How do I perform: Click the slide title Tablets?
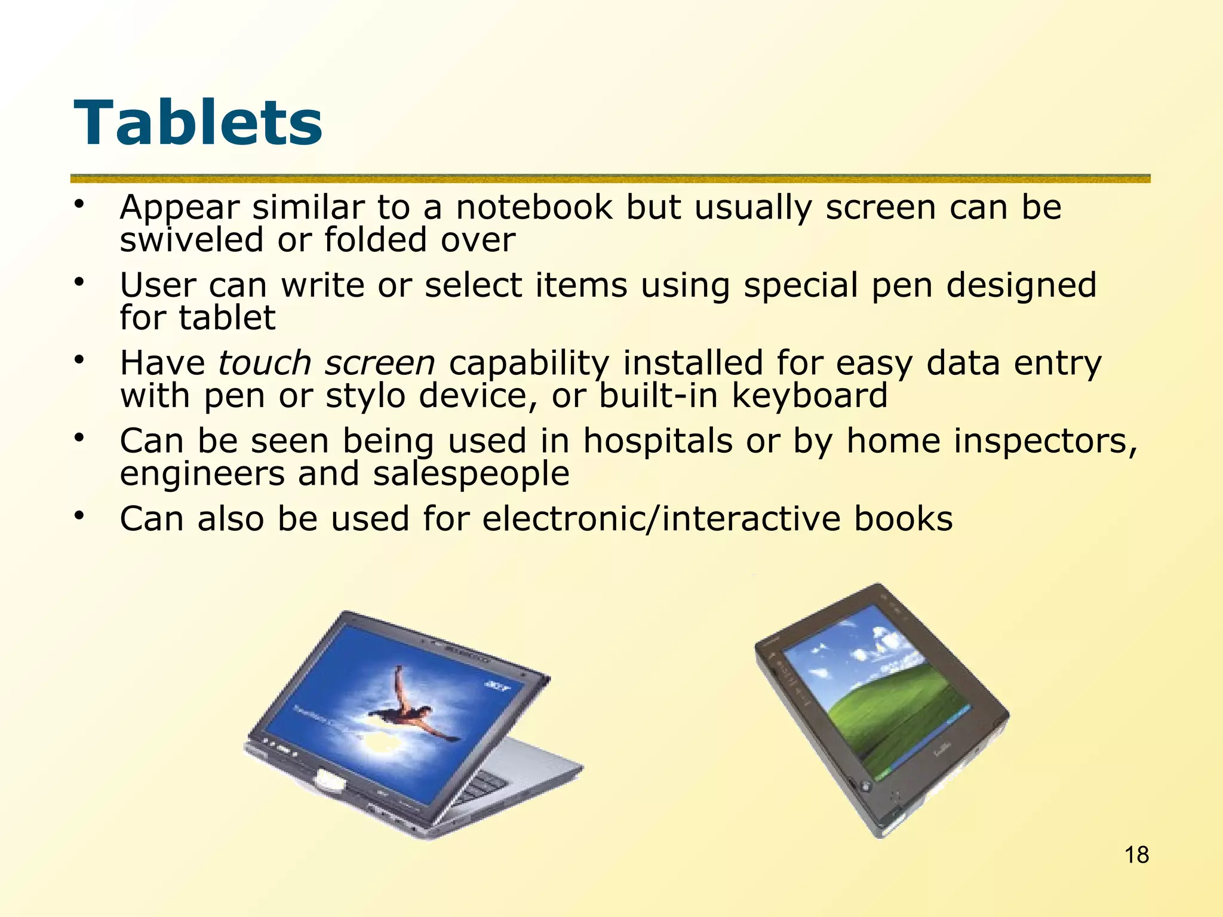pos(198,124)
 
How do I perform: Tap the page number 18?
pos(1136,855)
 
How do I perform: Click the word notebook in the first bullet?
pos(534,208)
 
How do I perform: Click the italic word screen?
pos(380,363)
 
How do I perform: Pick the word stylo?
pos(365,396)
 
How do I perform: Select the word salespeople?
pos(471,474)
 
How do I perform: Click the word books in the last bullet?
pos(903,518)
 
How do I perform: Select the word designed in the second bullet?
pos(1021,285)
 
